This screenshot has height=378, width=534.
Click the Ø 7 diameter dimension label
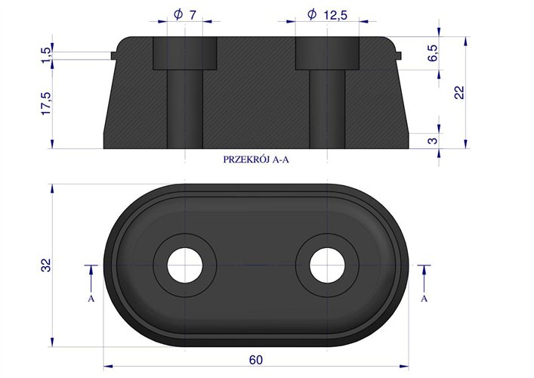click(185, 14)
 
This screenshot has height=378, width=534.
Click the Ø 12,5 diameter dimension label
click(327, 14)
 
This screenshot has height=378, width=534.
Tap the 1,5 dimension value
click(46, 55)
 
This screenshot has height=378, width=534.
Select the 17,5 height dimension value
click(46, 104)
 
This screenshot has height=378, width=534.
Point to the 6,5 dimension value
click(433, 53)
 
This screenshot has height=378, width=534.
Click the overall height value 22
click(459, 92)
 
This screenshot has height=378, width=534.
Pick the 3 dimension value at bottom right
click(432, 141)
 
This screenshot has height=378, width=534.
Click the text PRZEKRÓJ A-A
click(256, 160)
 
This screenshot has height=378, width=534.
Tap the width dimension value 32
click(46, 265)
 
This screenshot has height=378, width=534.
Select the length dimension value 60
click(256, 360)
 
